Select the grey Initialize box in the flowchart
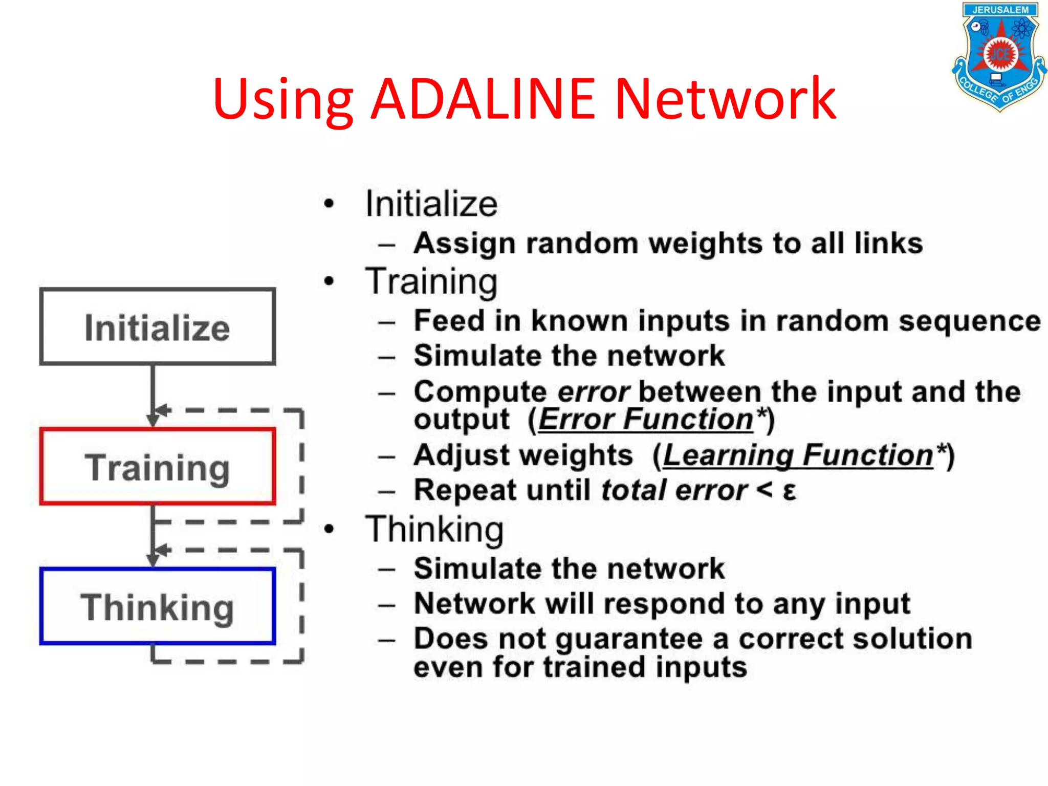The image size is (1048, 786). click(158, 327)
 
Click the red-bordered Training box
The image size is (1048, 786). click(158, 467)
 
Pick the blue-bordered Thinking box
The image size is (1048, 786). click(158, 606)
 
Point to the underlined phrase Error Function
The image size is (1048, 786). click(646, 420)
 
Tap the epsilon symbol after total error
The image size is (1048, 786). click(790, 491)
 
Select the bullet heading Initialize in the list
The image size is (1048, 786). click(431, 204)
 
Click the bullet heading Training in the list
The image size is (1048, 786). click(431, 282)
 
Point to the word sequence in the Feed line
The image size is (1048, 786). click(970, 321)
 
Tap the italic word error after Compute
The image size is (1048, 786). click(593, 392)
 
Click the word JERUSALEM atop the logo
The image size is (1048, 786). click(1000, 10)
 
